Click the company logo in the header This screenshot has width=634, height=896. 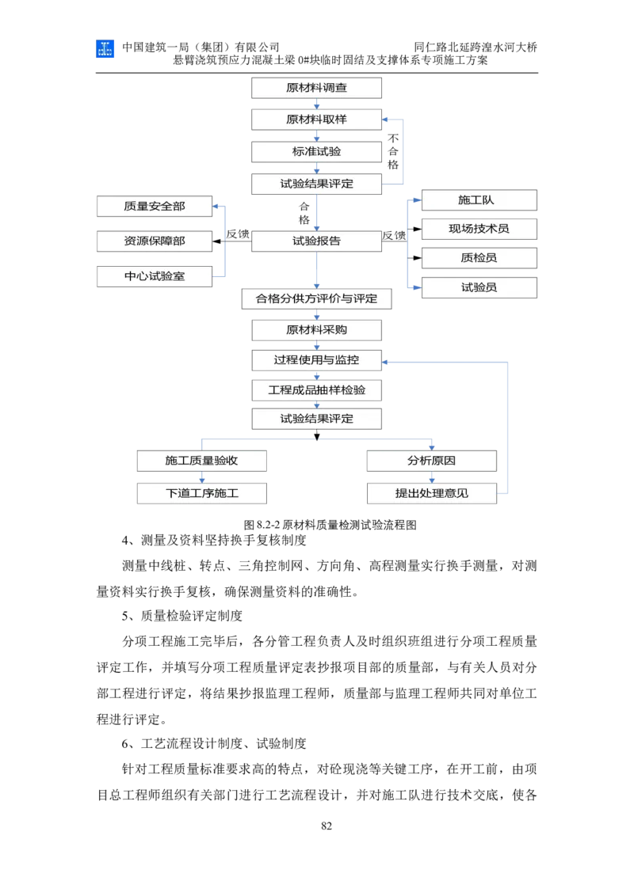pyautogui.click(x=105, y=48)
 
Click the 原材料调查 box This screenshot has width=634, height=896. pyautogui.click(x=316, y=87)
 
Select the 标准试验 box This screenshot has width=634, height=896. pyautogui.click(x=316, y=151)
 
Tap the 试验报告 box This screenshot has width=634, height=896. pyautogui.click(x=316, y=241)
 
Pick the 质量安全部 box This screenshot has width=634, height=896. pyautogui.click(x=155, y=207)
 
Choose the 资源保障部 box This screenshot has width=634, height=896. pyautogui.click(x=155, y=241)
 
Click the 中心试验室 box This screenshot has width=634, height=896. pyautogui.click(x=155, y=276)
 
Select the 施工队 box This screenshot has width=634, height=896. pyautogui.click(x=479, y=200)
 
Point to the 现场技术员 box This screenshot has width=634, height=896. pyautogui.click(x=479, y=229)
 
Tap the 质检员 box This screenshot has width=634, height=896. pyautogui.click(x=479, y=258)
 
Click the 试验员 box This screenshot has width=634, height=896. pyautogui.click(x=479, y=287)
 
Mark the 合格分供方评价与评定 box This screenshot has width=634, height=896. pyautogui.click(x=316, y=299)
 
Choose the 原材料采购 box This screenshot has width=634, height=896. pyautogui.click(x=316, y=330)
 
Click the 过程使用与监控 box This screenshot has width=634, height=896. pyautogui.click(x=316, y=360)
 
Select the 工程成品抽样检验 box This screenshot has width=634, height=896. pyautogui.click(x=316, y=390)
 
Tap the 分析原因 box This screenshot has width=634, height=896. pyautogui.click(x=431, y=461)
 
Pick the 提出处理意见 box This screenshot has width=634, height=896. pyautogui.click(x=431, y=493)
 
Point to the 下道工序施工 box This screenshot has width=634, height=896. pyautogui.click(x=201, y=493)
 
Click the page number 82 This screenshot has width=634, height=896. pyautogui.click(x=327, y=826)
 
